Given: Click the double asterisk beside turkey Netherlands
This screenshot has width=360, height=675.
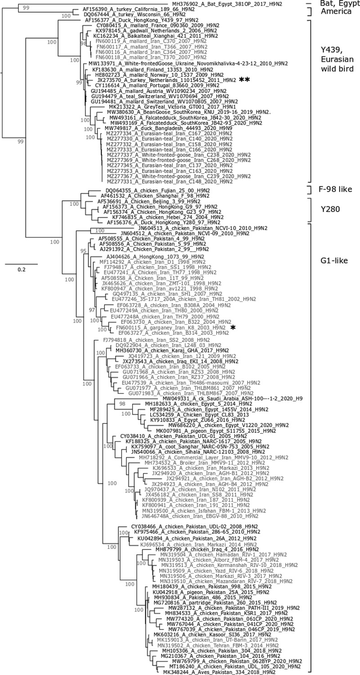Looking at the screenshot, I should click(244, 79).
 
